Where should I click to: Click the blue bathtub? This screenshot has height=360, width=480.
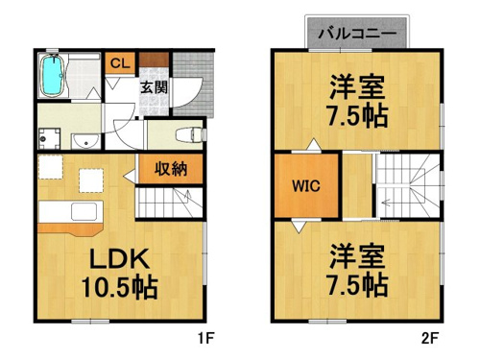(x=53, y=76)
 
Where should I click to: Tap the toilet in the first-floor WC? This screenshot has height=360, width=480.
(x=189, y=134)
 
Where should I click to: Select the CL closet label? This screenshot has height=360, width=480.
(x=120, y=63)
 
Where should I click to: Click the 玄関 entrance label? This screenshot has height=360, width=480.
(x=155, y=87)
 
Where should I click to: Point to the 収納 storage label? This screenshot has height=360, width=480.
(x=171, y=169)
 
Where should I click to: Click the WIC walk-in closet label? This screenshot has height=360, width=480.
(x=306, y=185)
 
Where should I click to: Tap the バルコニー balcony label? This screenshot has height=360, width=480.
(x=357, y=33)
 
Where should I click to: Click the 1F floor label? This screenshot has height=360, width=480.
(x=205, y=338)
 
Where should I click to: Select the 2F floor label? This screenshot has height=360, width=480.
(x=429, y=338)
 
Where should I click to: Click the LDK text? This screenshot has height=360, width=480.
(x=119, y=258)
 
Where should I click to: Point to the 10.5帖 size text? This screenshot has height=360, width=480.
(x=119, y=287)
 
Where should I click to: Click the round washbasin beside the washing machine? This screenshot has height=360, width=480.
(x=85, y=140)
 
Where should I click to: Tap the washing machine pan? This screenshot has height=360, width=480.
(x=49, y=138)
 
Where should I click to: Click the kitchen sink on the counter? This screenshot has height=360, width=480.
(x=84, y=212)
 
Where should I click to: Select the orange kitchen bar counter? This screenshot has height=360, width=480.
(x=70, y=229)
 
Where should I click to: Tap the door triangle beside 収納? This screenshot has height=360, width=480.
(x=130, y=176)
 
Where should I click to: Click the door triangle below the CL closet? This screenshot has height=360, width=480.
(x=112, y=84)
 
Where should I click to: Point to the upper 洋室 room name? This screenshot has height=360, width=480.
(x=357, y=86)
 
